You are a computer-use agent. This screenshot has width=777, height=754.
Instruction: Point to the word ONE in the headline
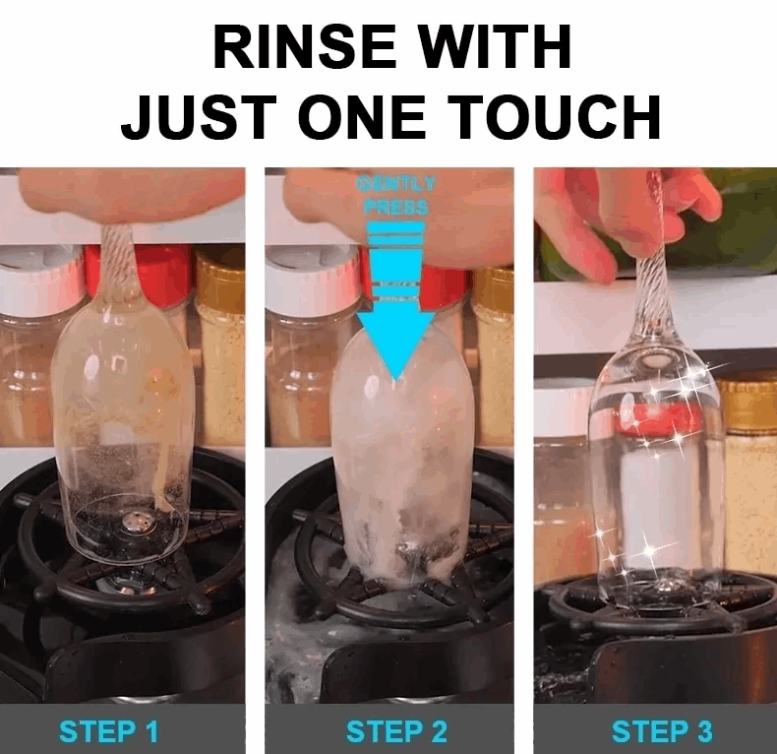(369, 118)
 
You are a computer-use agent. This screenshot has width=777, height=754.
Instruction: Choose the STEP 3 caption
(662, 731)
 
